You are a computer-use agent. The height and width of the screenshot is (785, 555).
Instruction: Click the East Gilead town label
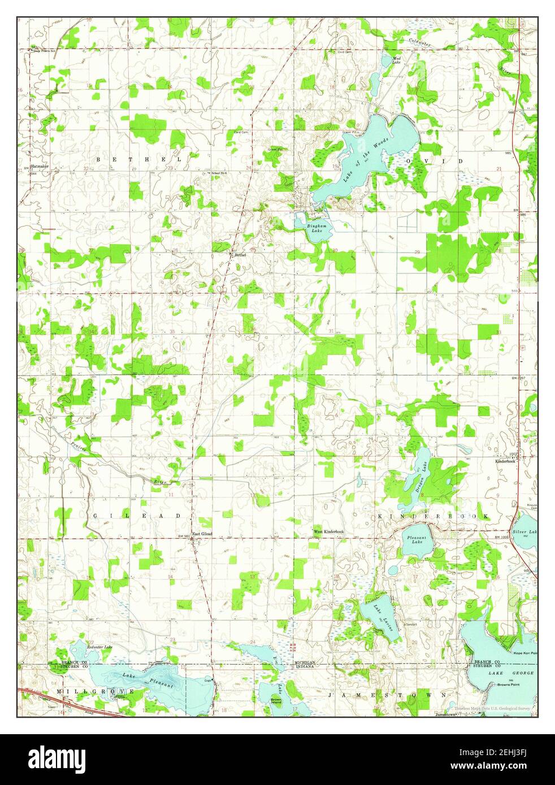click(202, 534)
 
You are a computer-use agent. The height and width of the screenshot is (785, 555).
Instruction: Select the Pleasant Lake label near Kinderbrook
click(414, 540)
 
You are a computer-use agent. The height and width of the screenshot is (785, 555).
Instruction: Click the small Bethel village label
click(240, 255)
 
